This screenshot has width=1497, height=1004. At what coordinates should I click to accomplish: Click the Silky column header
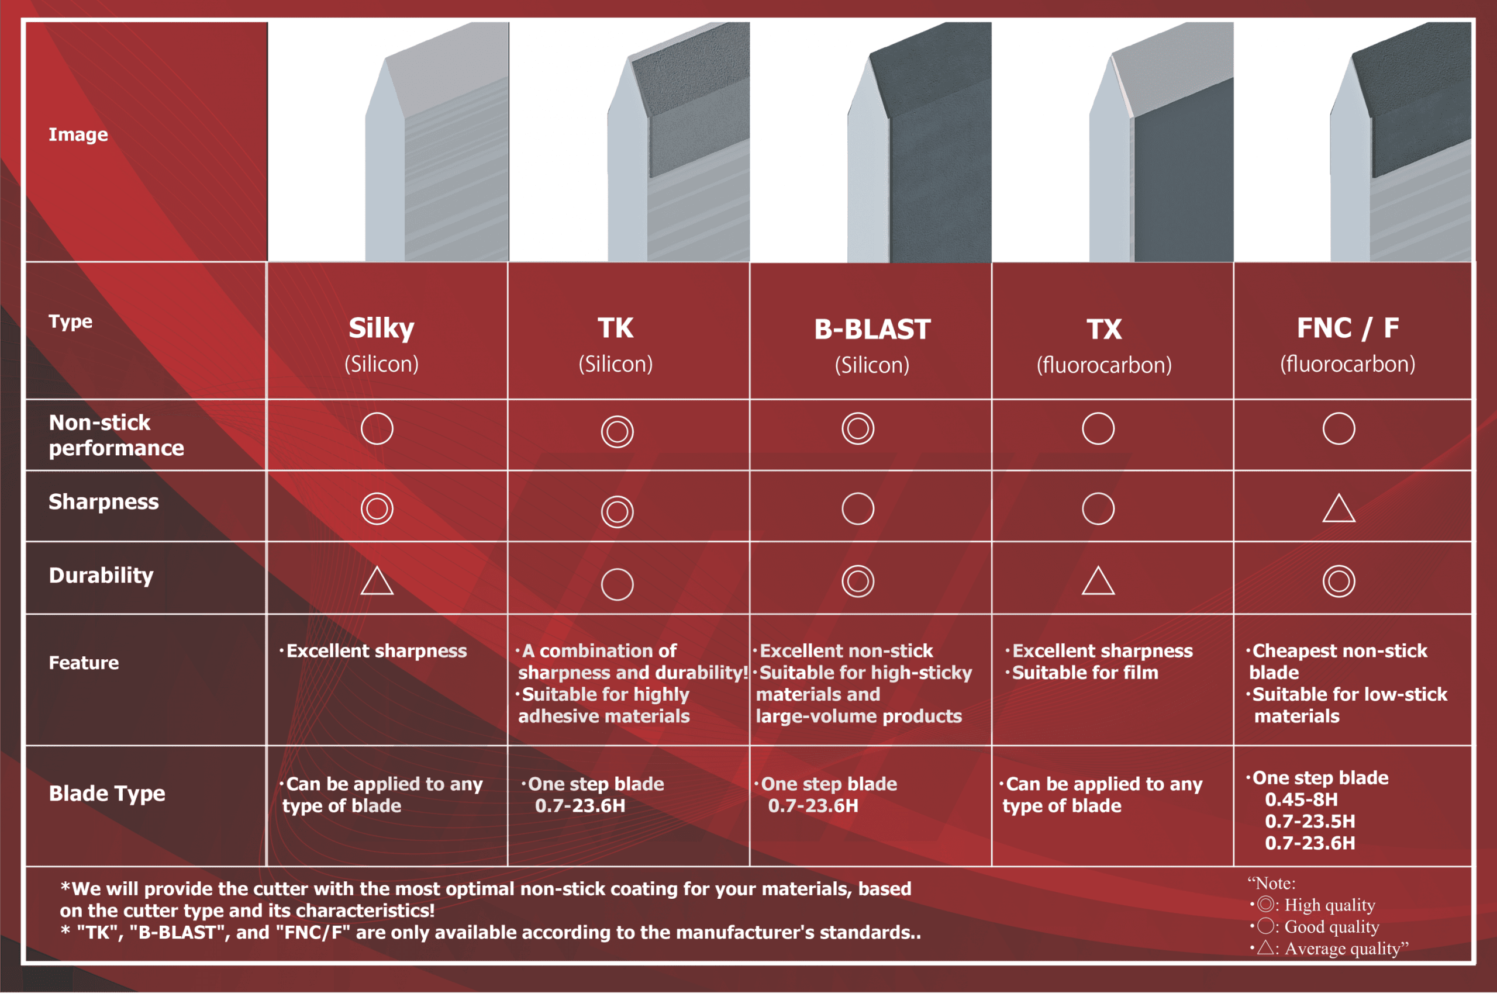click(381, 328)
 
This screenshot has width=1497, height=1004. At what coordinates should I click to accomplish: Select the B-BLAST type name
click(872, 330)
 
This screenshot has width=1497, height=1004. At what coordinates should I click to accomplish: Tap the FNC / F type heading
click(1347, 328)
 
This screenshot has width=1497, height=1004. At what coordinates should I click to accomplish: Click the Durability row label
click(101, 576)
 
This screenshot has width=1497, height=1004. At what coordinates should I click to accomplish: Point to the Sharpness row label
click(104, 502)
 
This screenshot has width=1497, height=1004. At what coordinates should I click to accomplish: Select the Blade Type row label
click(107, 794)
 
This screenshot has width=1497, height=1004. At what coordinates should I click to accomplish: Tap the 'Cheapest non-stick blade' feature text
click(1338, 662)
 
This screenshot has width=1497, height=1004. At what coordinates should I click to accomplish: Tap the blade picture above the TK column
click(678, 141)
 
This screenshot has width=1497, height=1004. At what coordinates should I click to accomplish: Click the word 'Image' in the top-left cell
click(78, 134)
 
